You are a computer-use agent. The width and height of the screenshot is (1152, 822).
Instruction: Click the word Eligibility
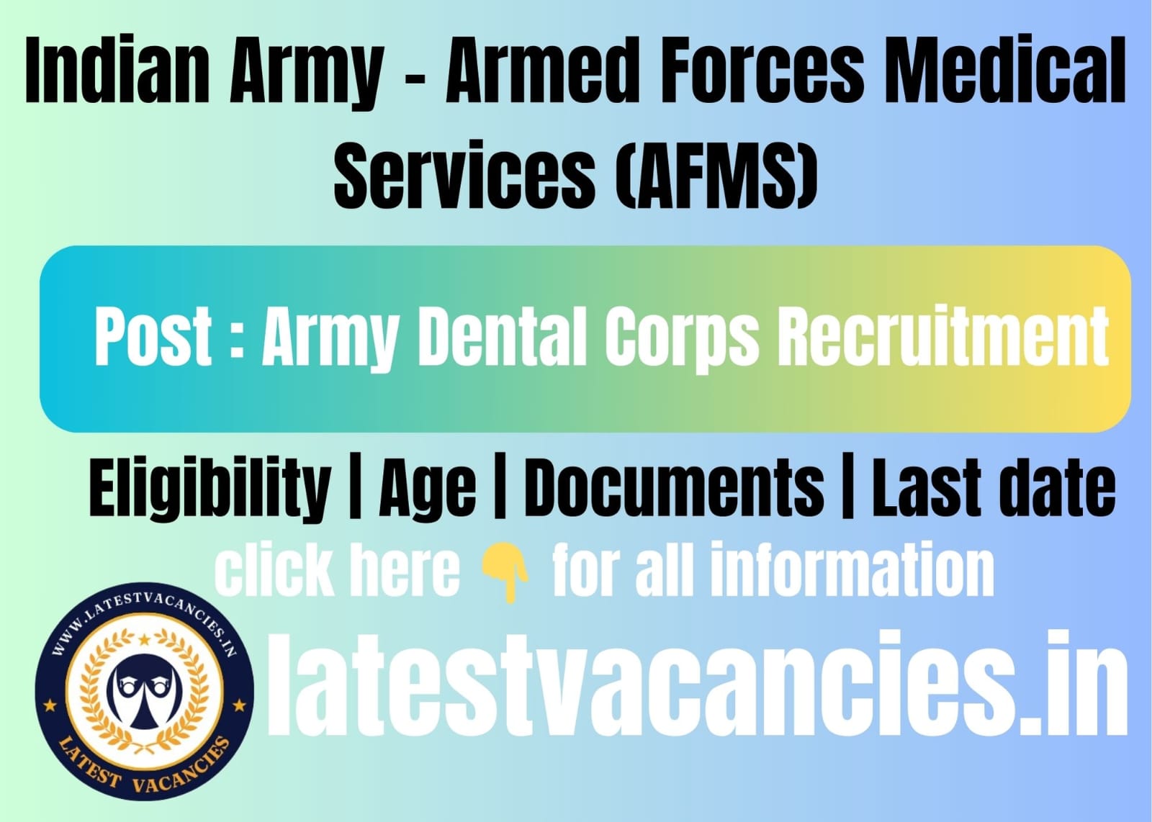coord(210,488)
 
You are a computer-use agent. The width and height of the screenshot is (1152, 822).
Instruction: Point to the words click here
coord(338,570)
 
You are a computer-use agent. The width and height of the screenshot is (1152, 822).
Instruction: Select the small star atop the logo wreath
coord(145,639)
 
